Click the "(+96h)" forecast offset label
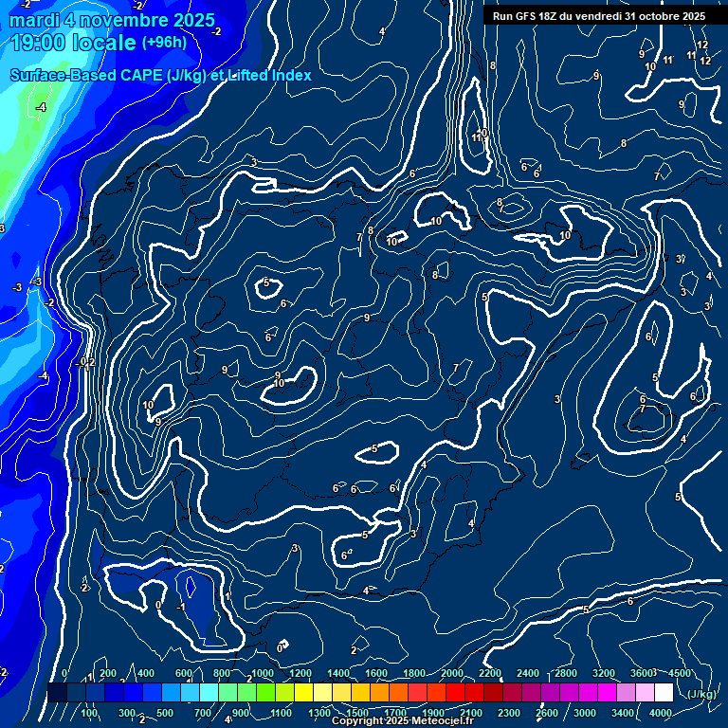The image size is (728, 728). tap(164, 43)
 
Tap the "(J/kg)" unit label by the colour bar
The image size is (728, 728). tap(701, 694)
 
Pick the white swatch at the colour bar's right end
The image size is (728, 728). tap(664, 694)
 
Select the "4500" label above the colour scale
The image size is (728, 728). tap(680, 673)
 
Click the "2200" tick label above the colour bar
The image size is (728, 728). tap(490, 673)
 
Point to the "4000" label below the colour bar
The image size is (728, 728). tap(661, 713)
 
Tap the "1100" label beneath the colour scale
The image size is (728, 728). tap(282, 713)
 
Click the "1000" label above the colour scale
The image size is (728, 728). tap(263, 673)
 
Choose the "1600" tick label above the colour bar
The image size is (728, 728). tap(376, 673)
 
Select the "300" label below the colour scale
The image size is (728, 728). tap(127, 713)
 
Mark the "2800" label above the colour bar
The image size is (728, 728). tap(566, 673)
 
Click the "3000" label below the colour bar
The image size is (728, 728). tap(585, 713)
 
